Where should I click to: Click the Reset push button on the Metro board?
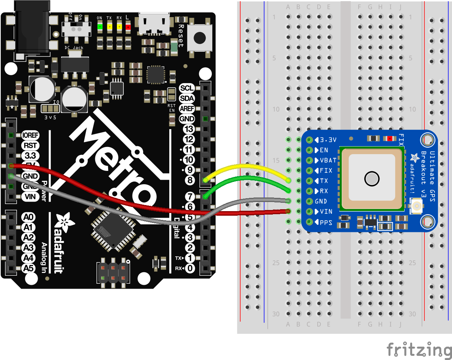200,38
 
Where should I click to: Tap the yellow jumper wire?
247,166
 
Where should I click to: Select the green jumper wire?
247,177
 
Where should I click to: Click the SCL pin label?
187,88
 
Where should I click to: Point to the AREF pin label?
187,109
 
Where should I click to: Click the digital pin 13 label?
188,129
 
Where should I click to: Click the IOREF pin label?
30,135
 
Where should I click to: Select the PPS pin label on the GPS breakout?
326,222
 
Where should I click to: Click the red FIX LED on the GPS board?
389,139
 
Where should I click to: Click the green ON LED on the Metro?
100,27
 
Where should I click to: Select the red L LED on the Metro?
128,27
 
